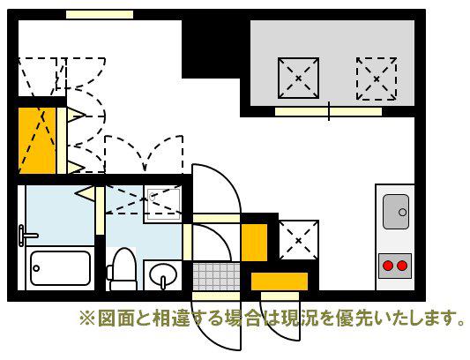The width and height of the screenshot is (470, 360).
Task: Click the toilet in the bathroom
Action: (122, 269)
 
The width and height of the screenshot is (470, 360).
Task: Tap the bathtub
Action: (60, 268)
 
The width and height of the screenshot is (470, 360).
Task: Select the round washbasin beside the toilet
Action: (163, 275)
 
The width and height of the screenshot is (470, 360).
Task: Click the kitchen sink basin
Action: (396, 212)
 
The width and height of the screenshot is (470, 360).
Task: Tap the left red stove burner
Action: (389, 266)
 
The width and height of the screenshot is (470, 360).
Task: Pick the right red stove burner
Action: (401, 266)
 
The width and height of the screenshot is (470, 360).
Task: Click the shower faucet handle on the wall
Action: (27, 236)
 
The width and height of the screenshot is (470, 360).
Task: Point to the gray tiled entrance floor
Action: (216, 276)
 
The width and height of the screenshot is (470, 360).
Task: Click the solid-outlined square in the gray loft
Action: (298, 78)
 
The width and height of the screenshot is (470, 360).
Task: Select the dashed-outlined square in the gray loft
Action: (377, 79)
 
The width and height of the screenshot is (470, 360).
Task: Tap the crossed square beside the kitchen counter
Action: (299, 240)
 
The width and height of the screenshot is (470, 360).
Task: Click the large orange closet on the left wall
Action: (37, 140)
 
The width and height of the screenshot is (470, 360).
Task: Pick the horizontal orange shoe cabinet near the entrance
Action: (280, 281)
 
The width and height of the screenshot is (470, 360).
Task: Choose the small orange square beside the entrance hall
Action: (254, 243)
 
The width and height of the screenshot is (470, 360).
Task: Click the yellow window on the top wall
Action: (100, 14)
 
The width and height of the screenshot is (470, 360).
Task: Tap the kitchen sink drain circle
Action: (403, 213)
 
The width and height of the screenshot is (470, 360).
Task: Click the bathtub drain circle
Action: (36, 268)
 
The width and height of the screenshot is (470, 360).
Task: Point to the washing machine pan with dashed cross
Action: (162, 204)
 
